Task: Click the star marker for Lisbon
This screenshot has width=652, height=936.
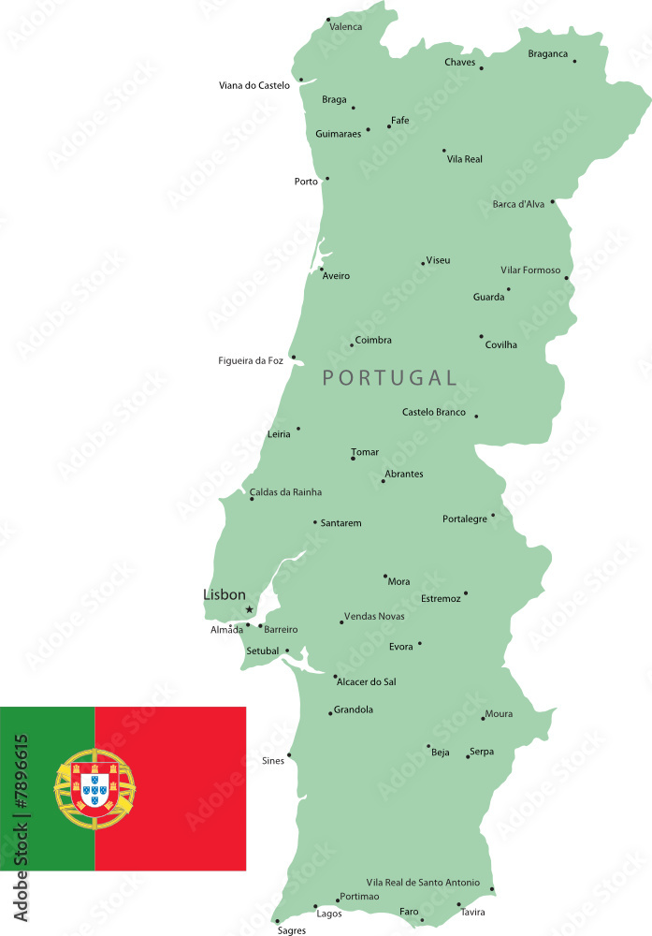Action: [249, 609]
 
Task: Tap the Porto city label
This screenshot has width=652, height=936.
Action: [306, 182]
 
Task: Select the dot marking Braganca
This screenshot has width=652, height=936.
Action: [574, 62]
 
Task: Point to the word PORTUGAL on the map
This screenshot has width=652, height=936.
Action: [389, 378]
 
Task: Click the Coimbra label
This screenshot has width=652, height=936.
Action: [373, 340]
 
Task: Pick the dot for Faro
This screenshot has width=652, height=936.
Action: [422, 920]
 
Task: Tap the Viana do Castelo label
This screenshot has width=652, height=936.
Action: [254, 85]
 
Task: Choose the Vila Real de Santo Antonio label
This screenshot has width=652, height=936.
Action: [423, 883]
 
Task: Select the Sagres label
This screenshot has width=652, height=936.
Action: [292, 931]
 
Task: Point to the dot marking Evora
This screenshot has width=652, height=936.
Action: [419, 643]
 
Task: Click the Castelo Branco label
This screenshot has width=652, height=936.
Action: [434, 412]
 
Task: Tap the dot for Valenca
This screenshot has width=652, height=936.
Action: [327, 19]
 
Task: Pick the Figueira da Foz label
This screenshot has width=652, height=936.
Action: [251, 361]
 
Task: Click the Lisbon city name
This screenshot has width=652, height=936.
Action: [225, 594]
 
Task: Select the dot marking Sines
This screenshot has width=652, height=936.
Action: [289, 754]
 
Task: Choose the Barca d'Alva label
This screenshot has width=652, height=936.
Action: [518, 204]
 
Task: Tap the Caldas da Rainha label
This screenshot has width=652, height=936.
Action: [285, 491]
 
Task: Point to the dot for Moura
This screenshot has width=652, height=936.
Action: [483, 718]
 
